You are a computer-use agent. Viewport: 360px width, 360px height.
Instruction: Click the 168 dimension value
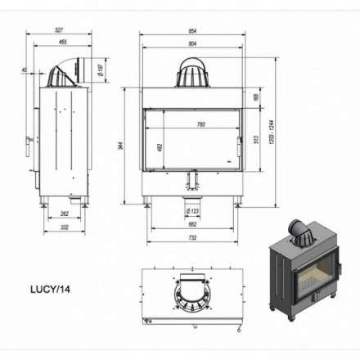point(255,97)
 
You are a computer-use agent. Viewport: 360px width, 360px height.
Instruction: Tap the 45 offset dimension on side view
point(25,69)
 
